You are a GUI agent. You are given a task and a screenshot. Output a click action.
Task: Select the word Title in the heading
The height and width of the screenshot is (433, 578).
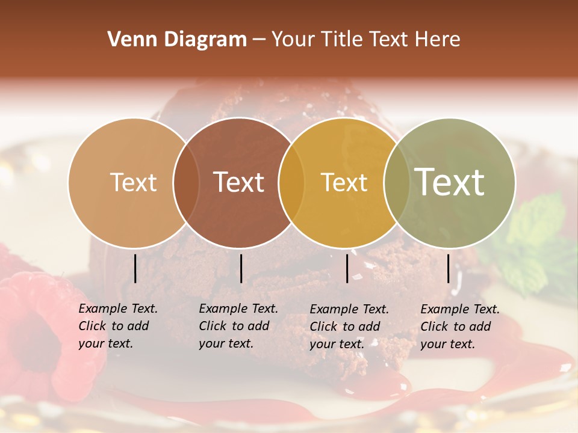pos(343,40)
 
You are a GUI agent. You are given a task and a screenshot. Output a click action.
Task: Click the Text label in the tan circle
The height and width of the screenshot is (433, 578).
pos(133,182)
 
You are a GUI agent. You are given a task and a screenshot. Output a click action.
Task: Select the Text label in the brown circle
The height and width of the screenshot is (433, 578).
pos(239,182)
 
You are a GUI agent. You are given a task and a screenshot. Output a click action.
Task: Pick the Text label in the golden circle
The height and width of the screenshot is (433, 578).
pos(344,182)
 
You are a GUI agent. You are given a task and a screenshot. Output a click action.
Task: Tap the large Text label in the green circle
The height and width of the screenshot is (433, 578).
pos(450,182)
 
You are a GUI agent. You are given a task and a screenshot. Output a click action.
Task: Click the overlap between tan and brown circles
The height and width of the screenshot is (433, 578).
pos(186,182)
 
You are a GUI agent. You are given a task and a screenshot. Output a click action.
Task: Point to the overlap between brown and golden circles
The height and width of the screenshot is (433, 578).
pos(291,182)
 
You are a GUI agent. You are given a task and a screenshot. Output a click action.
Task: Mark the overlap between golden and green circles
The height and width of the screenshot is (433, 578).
pos(397,182)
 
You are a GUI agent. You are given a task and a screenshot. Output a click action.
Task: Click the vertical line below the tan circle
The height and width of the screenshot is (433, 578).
pos(135,268)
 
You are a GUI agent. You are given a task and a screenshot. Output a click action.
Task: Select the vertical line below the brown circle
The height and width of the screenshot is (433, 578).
pos(241,268)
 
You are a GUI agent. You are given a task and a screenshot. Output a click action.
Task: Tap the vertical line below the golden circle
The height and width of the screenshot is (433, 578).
pos(347,268)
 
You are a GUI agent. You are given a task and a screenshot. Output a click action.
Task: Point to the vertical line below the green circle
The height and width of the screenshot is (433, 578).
pos(449,268)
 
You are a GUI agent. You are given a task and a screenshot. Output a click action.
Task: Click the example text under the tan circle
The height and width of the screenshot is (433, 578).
pos(117,326)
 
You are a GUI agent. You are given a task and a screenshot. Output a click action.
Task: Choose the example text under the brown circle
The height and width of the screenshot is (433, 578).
pos(238,326)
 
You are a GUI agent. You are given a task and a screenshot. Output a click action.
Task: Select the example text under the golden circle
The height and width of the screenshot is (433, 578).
pos(349,327)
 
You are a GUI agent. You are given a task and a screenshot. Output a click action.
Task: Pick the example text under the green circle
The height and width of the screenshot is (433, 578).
pos(459,327)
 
